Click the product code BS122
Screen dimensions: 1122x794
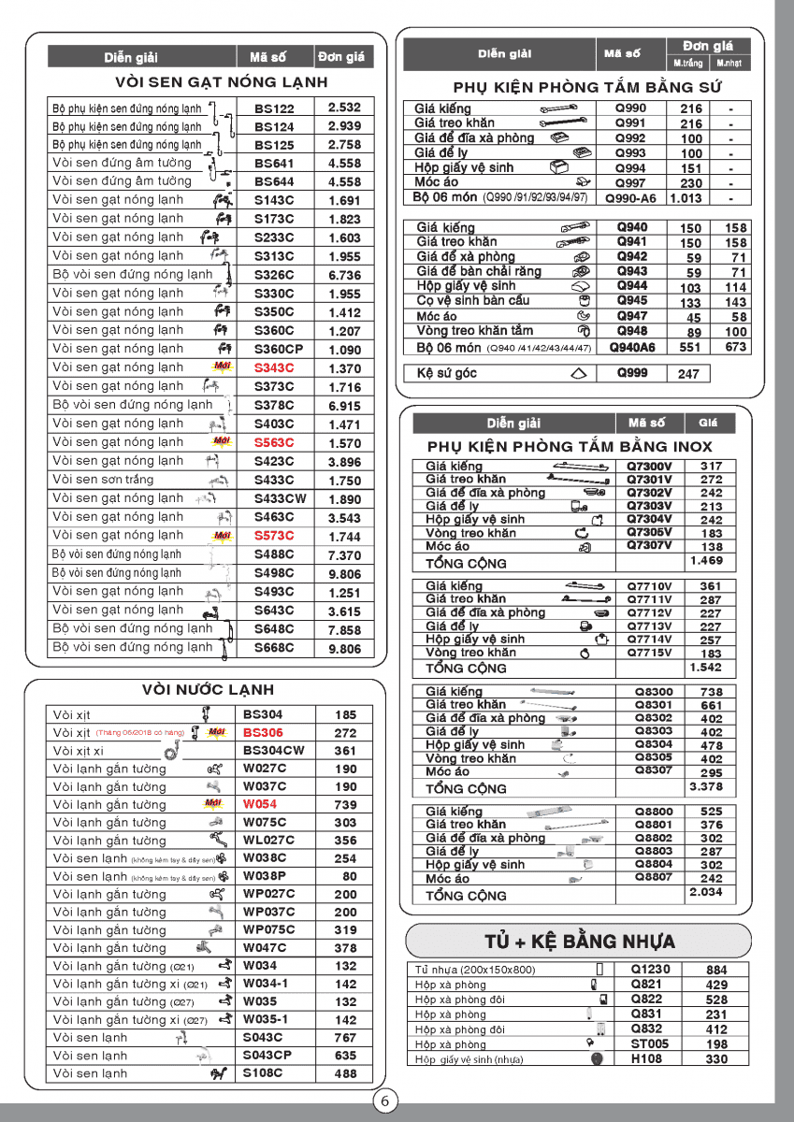pos(274,108)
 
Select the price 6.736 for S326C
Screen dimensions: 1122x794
pos(344,276)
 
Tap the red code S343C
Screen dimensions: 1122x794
pos(274,368)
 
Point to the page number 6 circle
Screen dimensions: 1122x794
pos(384,1101)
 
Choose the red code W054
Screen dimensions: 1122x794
pos(260,804)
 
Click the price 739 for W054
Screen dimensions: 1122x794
pos(345,804)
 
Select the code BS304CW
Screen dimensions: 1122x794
pos(274,751)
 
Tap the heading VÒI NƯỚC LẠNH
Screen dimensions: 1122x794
pos(209,690)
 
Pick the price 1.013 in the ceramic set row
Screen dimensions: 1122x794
pos(686,198)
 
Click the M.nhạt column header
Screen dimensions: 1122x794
pos(730,64)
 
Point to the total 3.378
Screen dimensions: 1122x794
pos(705,787)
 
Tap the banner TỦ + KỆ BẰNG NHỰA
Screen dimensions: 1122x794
pos(580,941)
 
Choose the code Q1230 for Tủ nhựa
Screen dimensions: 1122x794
pos(650,970)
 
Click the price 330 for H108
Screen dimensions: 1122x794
pos(716,1059)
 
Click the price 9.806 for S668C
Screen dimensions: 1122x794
pos(344,648)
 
